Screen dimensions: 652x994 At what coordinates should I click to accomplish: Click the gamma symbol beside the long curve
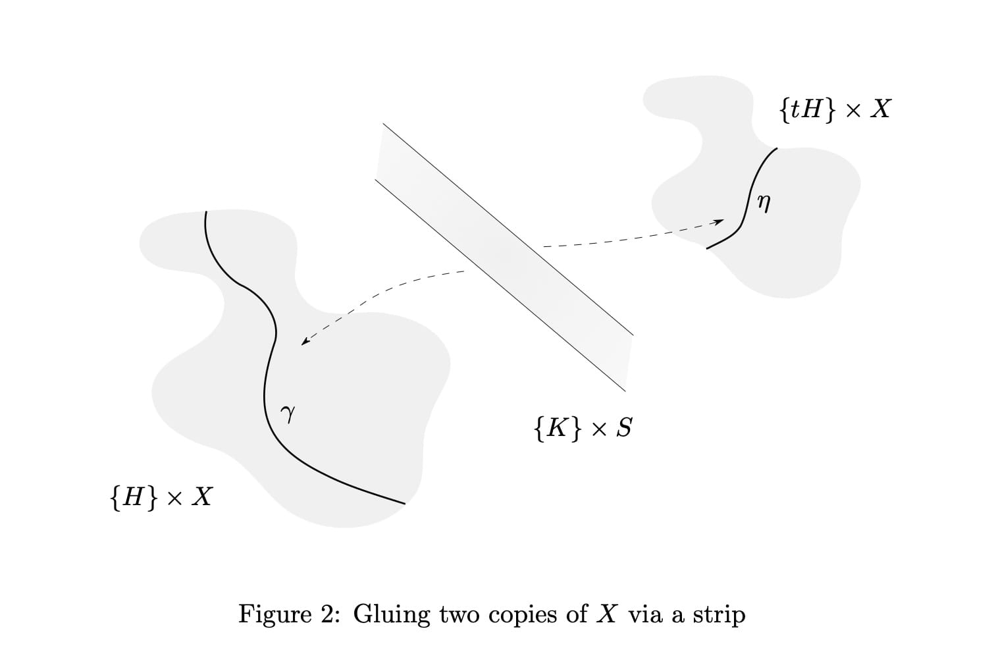(287, 414)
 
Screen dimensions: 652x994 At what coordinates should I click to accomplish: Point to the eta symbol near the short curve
(763, 203)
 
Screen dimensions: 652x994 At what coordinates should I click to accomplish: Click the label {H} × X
(161, 496)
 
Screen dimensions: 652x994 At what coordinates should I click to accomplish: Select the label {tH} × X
(834, 109)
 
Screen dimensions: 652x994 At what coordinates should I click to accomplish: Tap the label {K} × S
(583, 428)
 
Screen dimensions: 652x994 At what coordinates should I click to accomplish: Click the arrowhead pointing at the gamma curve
(303, 342)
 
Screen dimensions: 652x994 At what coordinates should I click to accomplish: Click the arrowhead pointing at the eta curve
(720, 221)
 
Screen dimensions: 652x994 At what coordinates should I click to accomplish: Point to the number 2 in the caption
(328, 614)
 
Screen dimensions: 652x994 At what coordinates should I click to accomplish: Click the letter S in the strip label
(624, 428)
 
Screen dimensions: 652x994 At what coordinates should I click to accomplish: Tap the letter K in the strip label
(557, 428)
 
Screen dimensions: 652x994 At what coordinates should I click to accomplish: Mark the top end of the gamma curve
(206, 212)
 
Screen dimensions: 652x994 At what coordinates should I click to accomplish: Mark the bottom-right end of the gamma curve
(404, 504)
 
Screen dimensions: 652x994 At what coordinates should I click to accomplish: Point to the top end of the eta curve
(777, 149)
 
